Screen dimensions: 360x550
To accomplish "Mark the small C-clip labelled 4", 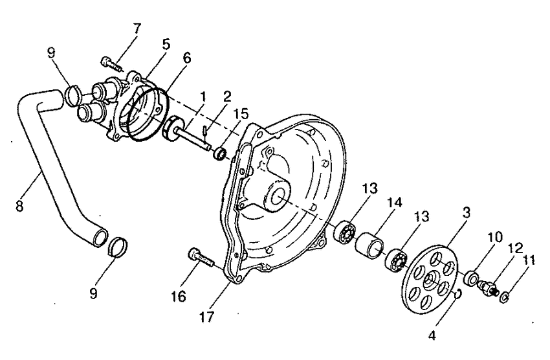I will click(x=457, y=295).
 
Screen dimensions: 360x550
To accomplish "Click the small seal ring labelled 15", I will click(x=219, y=154).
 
